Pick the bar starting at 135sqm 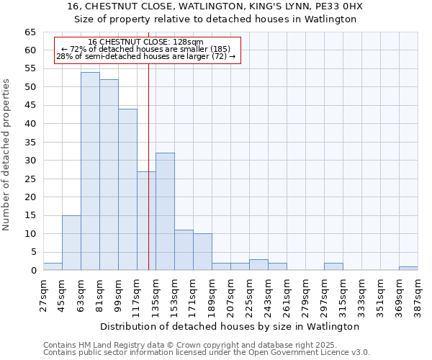point(165,212)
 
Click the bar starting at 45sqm point(71,243)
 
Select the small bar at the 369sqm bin point(408,269)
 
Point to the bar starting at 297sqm point(333,266)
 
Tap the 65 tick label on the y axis point(30,32)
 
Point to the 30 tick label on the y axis point(30,161)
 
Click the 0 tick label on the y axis point(32,271)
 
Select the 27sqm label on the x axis point(43,294)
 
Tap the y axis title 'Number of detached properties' point(6,155)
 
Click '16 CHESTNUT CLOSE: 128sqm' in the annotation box point(145,42)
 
